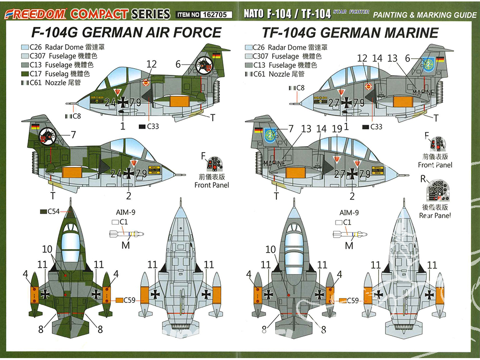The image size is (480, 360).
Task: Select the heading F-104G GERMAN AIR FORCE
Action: pyautogui.click(x=126, y=33)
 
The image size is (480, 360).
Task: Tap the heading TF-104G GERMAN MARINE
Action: pyautogui.click(x=350, y=33)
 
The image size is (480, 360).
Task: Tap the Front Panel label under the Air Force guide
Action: pyautogui.click(x=212, y=185)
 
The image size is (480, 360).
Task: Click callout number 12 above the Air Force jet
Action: pyautogui.click(x=151, y=64)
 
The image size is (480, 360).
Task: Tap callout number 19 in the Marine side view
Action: pyautogui.click(x=336, y=129)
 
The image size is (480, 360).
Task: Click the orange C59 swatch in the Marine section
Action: pyautogui.click(x=343, y=300)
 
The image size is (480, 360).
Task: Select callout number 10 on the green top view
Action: pyautogui.click(x=47, y=249)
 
